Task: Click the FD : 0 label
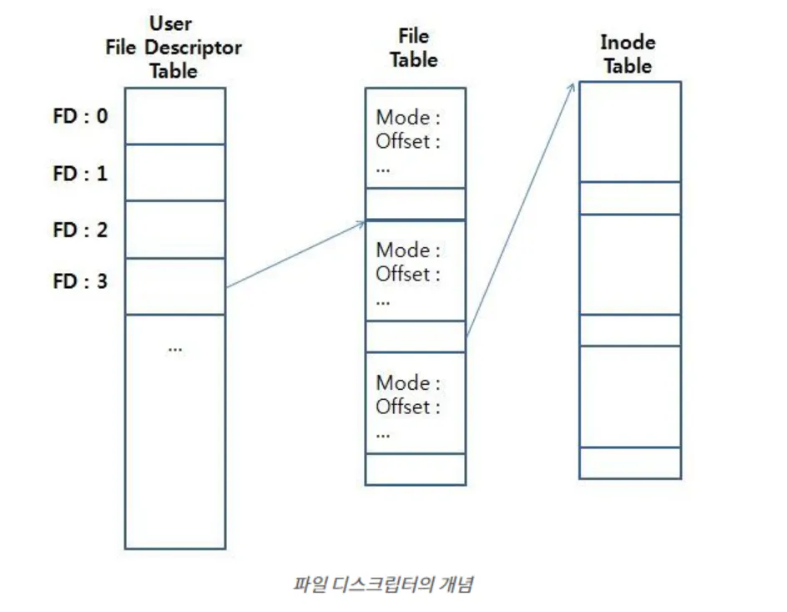80,116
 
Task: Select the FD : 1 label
80,174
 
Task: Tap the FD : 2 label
80,230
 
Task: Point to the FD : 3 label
80,281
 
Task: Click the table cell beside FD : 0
175,116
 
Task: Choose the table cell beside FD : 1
175,173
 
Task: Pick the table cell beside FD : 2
175,230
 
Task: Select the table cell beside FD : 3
175,286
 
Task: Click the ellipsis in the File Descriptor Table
174,348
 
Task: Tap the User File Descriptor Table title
174,48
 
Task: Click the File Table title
414,48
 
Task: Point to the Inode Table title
628,54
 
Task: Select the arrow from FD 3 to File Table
295,254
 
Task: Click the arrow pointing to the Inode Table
522,209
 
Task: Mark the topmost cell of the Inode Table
630,132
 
